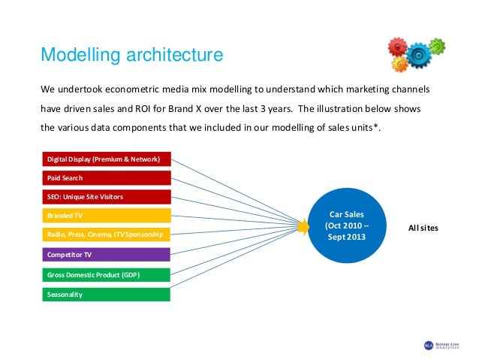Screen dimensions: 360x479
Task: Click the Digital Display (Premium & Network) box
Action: tap(104, 159)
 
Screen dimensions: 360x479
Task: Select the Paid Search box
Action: tap(104, 178)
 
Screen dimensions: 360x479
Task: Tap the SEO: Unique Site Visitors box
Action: tap(104, 197)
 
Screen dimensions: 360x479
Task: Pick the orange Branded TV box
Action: tap(104, 216)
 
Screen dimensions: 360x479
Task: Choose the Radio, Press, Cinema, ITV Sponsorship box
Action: tap(104, 235)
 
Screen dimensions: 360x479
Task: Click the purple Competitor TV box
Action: tap(104, 255)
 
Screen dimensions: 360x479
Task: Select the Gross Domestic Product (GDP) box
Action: tap(104, 274)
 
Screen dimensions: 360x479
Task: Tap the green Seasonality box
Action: tap(104, 294)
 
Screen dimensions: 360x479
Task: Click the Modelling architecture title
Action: tap(131, 55)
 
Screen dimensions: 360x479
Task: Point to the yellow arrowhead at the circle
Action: tap(304, 225)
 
